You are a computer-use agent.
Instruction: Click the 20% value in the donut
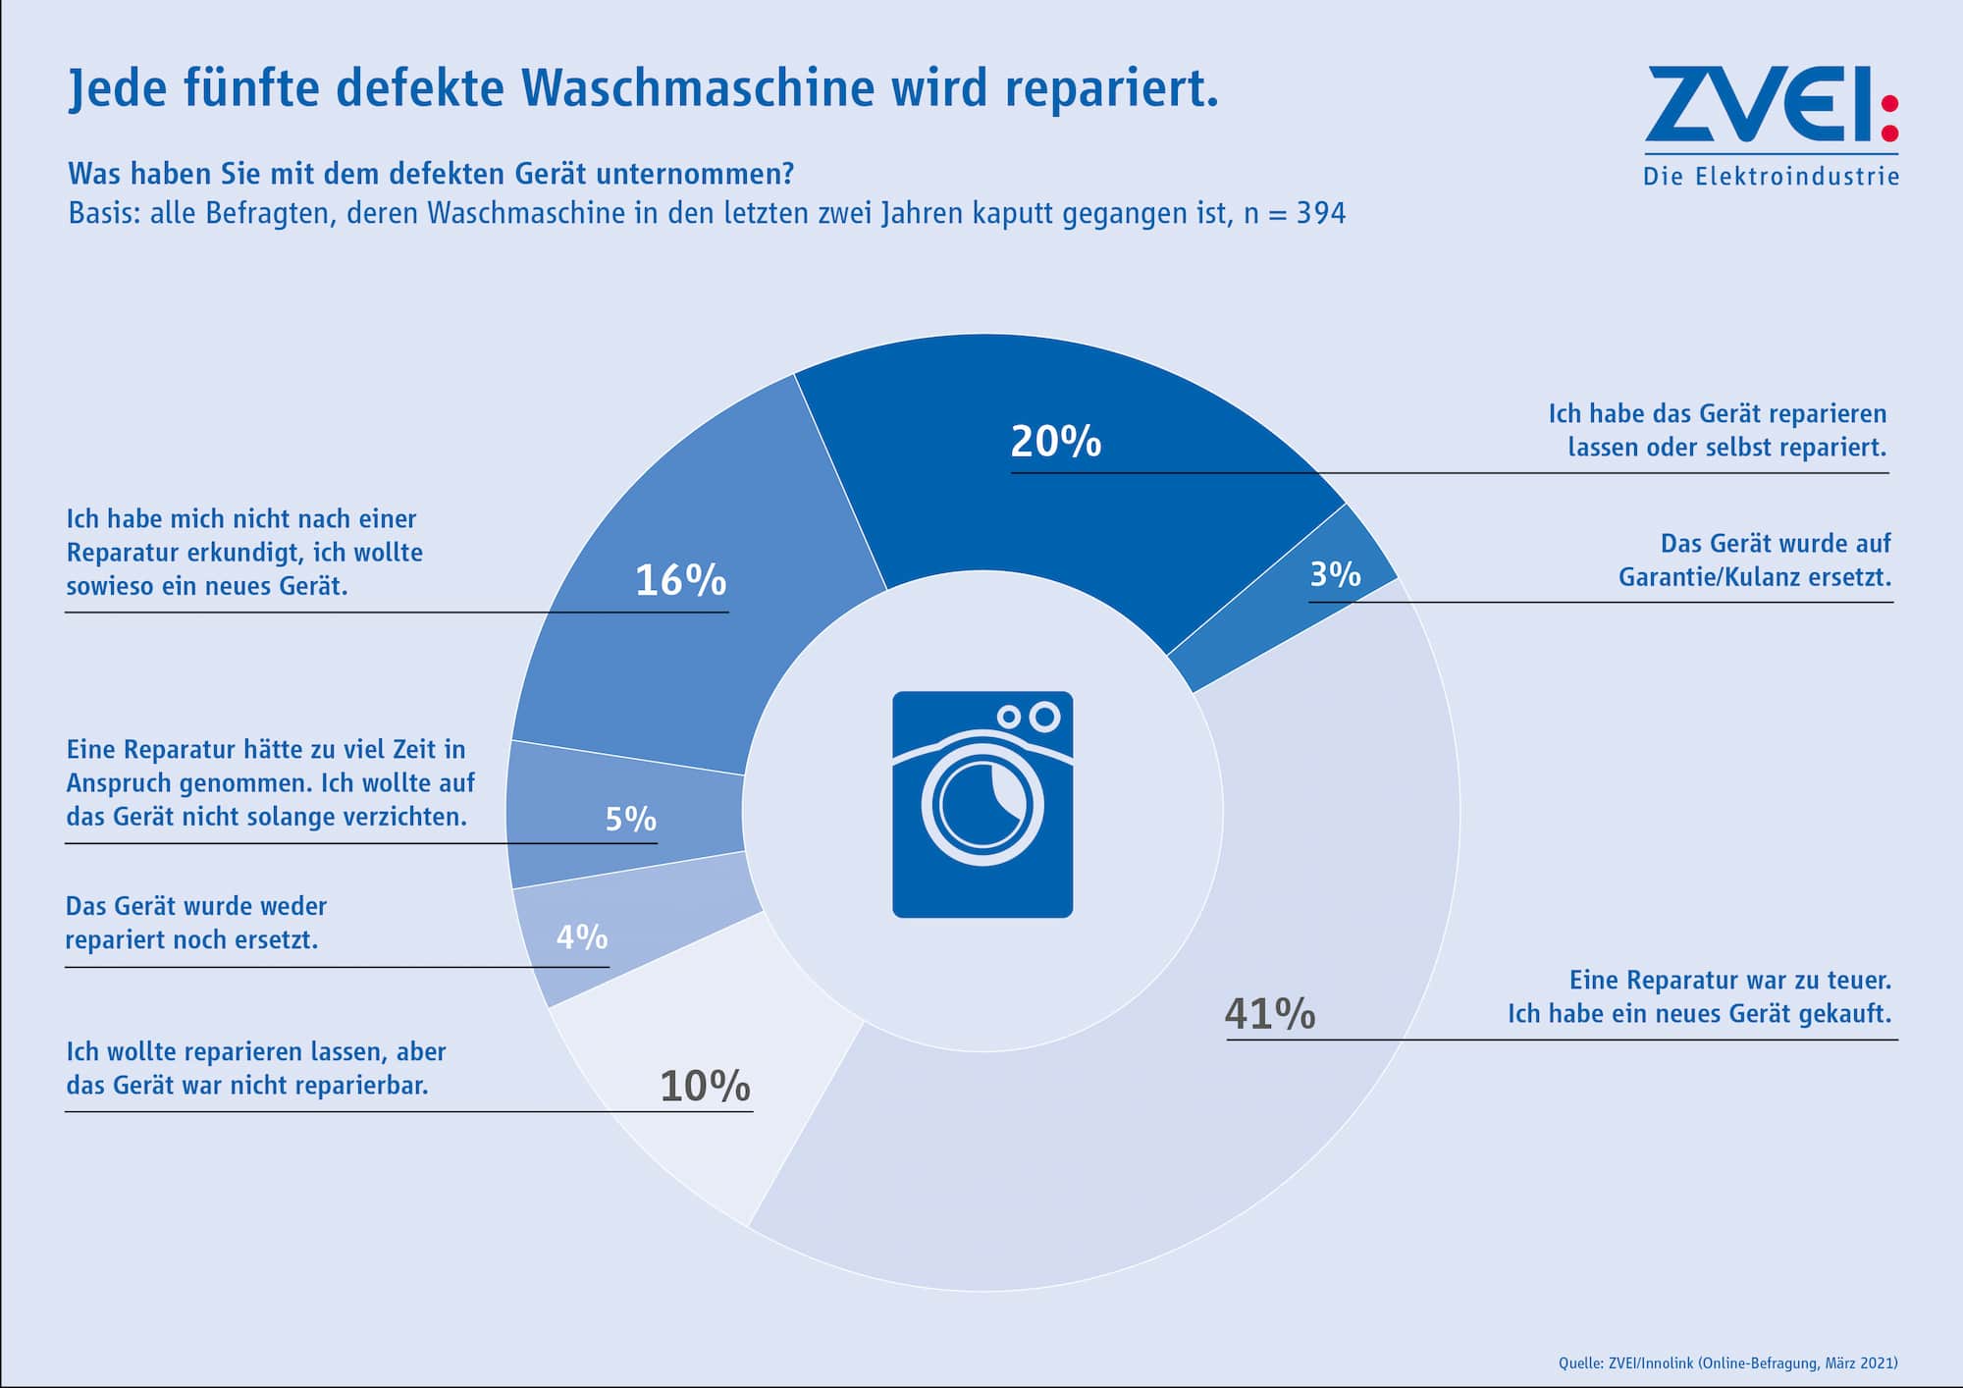click(1055, 442)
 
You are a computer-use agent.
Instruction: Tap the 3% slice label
click(1335, 574)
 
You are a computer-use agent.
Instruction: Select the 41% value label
click(1269, 1013)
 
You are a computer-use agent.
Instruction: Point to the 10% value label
click(705, 1087)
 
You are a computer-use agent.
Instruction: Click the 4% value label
click(582, 937)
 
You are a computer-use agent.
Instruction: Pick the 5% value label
click(630, 819)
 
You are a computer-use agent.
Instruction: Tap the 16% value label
click(680, 580)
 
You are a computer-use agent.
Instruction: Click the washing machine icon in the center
click(982, 805)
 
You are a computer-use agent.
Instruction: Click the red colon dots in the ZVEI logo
click(1889, 118)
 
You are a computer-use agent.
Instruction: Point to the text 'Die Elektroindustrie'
click(1771, 177)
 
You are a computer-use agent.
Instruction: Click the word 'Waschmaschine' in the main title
click(698, 88)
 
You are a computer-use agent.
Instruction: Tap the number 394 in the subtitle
click(1320, 213)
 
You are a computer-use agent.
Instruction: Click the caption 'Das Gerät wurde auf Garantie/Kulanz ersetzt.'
click(1754, 561)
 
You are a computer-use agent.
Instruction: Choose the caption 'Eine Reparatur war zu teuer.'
click(1729, 980)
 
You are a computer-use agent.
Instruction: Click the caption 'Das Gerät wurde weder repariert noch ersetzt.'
click(195, 923)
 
